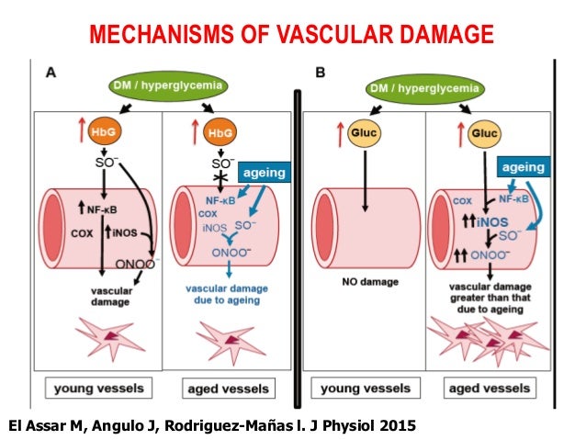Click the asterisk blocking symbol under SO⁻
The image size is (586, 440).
click(x=220, y=177)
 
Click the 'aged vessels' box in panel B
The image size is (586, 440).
click(x=490, y=389)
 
